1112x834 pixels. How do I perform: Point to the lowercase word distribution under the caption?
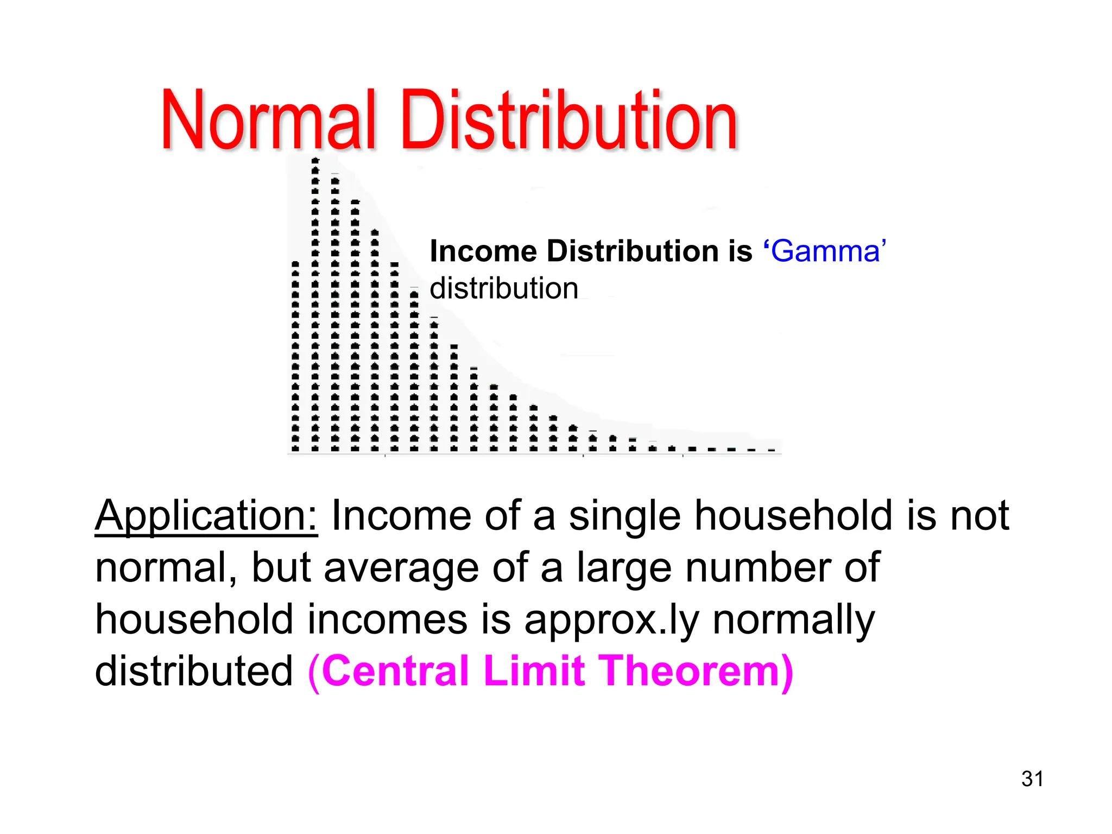(x=504, y=288)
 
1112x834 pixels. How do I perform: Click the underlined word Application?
(x=206, y=516)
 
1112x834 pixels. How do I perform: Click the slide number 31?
(x=1032, y=779)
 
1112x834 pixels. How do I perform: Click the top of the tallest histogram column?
(x=315, y=161)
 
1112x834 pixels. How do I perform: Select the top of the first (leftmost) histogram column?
(x=295, y=264)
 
